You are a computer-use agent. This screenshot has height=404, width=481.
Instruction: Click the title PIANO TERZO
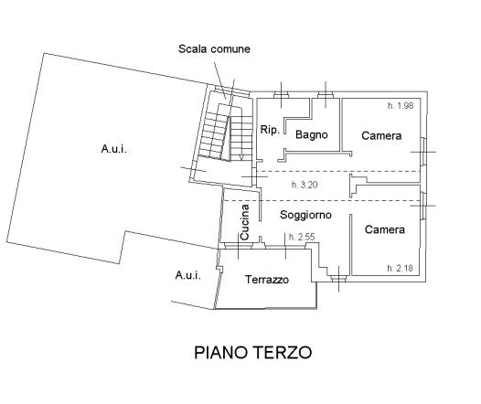coord(253,353)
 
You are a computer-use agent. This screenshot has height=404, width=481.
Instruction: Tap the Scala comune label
coord(214,49)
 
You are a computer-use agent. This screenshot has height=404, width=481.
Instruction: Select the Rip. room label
coord(270,130)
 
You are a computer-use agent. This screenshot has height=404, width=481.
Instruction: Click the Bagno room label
coord(311,135)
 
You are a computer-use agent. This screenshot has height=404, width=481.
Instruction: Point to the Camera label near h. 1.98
coord(381,136)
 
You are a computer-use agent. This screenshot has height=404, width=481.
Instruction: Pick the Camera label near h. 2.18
coord(385,229)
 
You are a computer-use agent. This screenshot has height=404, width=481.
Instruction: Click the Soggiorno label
coord(305,215)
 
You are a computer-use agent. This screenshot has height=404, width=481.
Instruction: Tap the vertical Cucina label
coord(245,222)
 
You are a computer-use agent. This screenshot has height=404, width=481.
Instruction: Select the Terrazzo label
coord(267,280)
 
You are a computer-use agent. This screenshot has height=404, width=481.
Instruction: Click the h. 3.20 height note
coord(305,185)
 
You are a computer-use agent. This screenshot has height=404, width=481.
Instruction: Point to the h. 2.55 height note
coord(302,237)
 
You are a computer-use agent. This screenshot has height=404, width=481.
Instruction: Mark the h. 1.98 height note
coord(401,106)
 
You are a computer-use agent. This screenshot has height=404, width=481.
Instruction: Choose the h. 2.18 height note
coord(400,268)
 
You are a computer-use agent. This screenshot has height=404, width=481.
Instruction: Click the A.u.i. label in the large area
coord(113,149)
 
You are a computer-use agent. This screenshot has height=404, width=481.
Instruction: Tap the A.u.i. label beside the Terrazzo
coord(188,275)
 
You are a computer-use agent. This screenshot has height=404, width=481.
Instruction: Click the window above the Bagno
coord(326,95)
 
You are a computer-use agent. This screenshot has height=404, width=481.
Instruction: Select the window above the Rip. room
coord(281,95)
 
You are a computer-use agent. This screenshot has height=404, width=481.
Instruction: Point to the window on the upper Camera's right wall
coord(423,152)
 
